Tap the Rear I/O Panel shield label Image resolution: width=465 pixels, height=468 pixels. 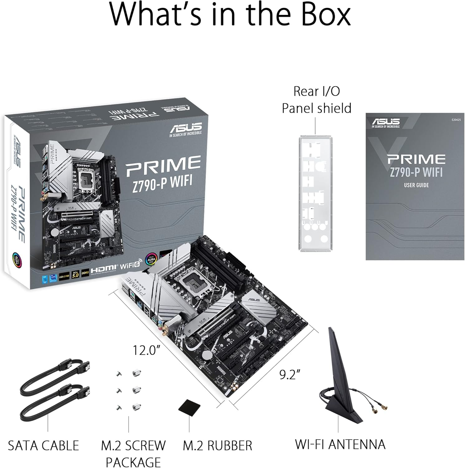316,100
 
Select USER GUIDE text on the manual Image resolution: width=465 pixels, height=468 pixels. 416,185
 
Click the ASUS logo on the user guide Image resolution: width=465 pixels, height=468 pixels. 386,121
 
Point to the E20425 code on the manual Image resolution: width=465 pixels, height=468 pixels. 456,120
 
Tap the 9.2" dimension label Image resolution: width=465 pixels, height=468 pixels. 290,374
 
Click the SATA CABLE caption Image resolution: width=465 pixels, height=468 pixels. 43,446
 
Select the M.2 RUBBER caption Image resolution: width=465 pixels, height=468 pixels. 217,446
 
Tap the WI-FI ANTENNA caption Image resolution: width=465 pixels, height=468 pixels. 340,444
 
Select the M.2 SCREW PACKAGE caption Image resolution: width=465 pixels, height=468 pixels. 133,453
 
